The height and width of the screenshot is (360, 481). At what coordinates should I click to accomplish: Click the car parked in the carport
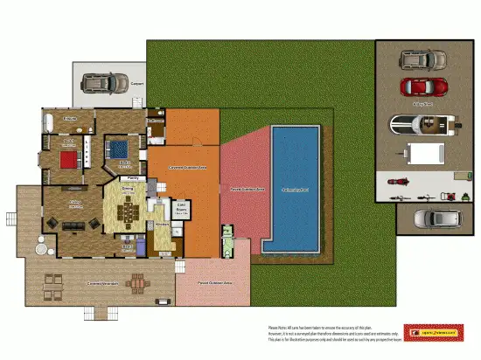pyautogui.click(x=102, y=84)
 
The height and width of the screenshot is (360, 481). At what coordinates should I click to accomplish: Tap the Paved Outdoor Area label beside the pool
pyautogui.click(x=247, y=189)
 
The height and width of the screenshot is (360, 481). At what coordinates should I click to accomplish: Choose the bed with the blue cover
pyautogui.click(x=119, y=148)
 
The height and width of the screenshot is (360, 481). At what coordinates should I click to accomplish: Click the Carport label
pyautogui.click(x=136, y=85)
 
